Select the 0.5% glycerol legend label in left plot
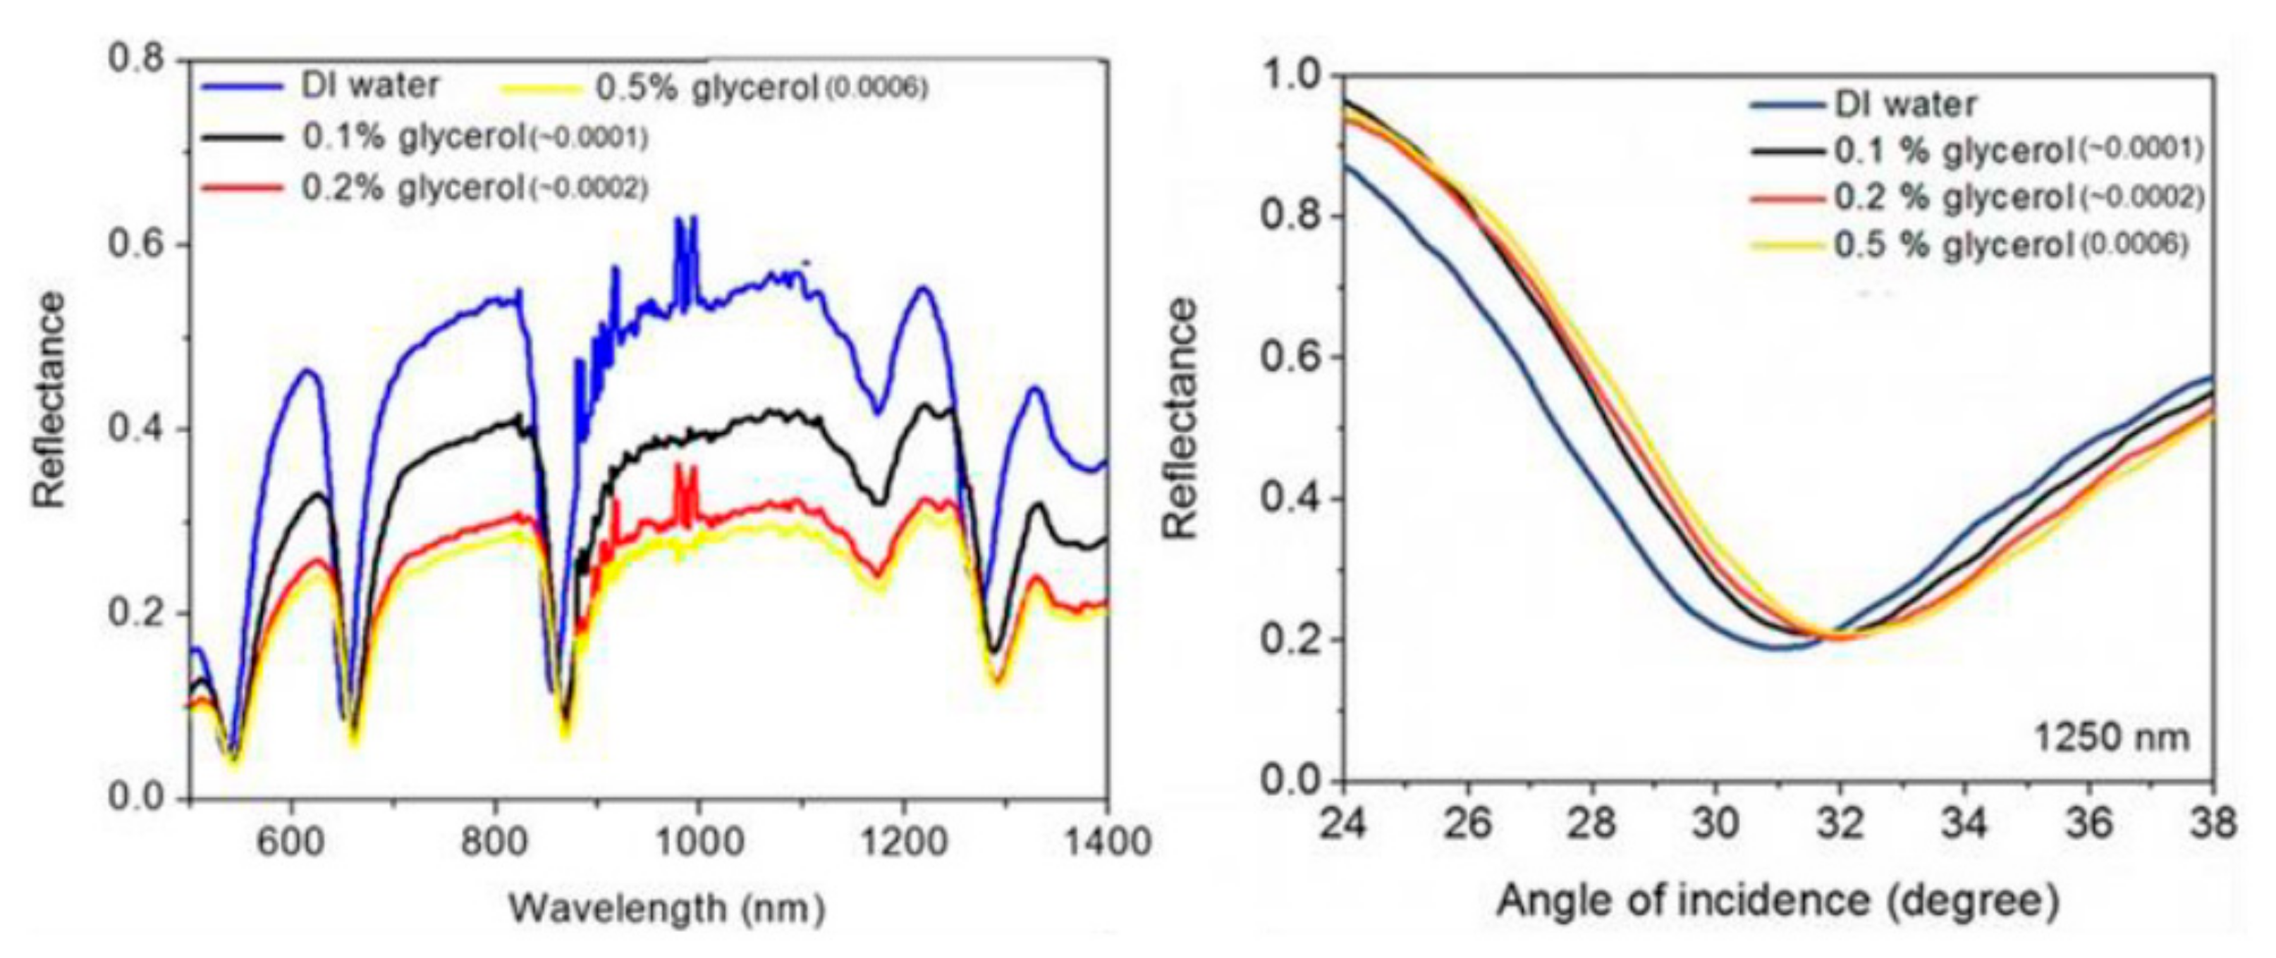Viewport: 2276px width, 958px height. (706, 88)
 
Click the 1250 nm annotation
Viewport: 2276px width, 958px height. (2112, 735)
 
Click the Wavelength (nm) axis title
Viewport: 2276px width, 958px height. (668, 907)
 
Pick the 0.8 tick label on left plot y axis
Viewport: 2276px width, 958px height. (136, 59)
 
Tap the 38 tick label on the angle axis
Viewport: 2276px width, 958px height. (2212, 823)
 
